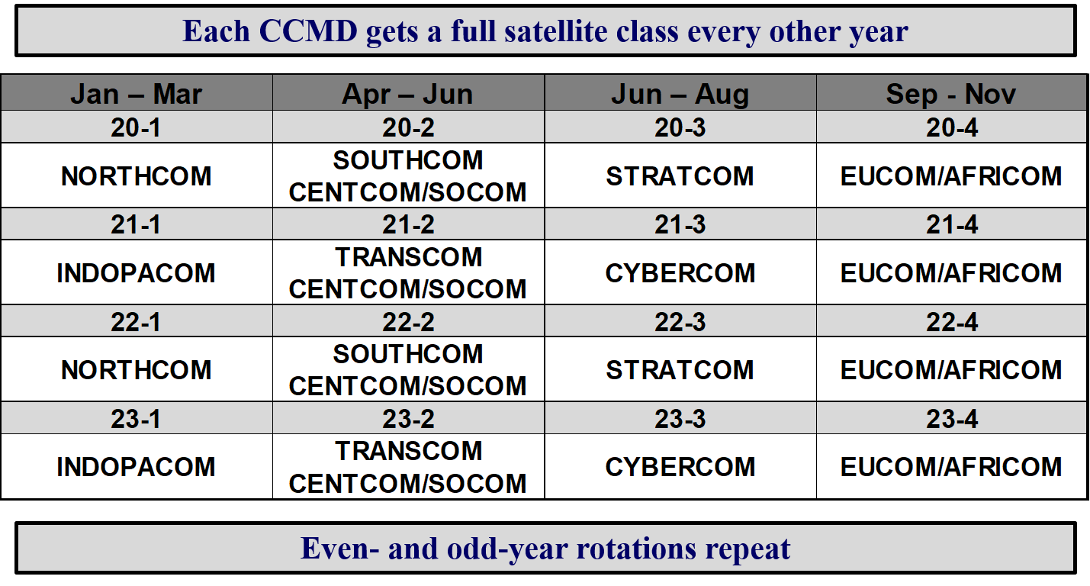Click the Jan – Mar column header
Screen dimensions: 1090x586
click(136, 93)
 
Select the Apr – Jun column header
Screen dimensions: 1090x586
click(407, 93)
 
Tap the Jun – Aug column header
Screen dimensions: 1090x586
click(680, 93)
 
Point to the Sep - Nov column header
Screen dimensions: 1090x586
click(951, 93)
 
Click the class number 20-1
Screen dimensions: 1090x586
click(136, 127)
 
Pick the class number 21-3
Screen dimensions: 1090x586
click(680, 224)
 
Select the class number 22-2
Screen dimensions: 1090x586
click(408, 322)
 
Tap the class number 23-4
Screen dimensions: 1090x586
click(952, 419)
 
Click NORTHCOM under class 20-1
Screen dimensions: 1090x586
click(137, 175)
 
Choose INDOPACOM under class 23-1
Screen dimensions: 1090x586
click(136, 467)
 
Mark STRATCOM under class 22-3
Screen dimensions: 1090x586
click(680, 369)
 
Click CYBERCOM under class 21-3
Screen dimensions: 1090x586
click(680, 272)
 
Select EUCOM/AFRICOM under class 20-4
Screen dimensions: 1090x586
click(951, 175)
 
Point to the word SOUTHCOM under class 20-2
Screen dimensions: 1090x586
click(408, 159)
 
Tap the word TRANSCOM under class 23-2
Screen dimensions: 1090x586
click(408, 450)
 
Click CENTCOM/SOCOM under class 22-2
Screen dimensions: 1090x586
click(408, 385)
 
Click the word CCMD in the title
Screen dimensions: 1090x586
click(308, 31)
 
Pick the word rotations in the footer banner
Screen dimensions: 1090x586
click(636, 548)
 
